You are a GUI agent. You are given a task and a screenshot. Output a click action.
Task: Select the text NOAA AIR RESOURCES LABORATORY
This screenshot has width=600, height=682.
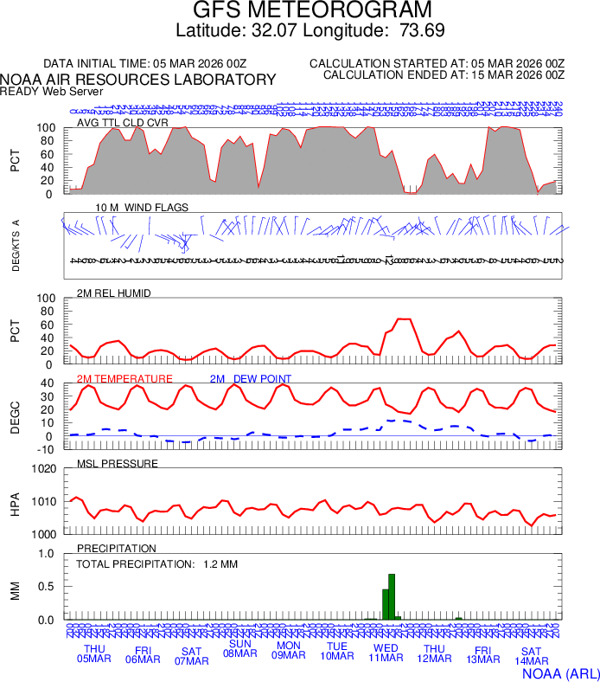(x=138, y=80)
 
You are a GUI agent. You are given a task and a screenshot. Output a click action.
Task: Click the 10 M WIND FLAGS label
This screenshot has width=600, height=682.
(x=142, y=208)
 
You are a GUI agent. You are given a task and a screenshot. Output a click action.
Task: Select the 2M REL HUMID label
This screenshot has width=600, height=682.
(x=114, y=293)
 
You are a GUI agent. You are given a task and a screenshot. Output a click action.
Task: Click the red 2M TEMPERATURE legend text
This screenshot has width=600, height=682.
(x=124, y=379)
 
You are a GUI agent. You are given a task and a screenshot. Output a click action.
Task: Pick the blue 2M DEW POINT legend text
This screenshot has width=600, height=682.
(x=251, y=379)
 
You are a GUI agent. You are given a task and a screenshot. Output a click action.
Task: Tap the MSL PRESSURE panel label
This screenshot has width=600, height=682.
(x=118, y=464)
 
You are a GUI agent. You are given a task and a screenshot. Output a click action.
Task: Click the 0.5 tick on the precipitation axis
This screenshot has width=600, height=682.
(x=48, y=587)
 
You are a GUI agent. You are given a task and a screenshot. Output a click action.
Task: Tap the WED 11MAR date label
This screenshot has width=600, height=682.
(x=386, y=653)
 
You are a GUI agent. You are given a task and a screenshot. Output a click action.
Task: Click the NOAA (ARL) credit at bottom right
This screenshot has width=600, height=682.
(x=560, y=672)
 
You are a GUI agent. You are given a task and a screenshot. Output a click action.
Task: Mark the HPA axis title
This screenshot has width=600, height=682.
(x=15, y=502)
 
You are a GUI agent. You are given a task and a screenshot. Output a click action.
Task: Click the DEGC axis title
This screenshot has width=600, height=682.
(x=15, y=416)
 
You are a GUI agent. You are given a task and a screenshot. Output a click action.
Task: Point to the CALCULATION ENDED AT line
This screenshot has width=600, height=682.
(x=444, y=75)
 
